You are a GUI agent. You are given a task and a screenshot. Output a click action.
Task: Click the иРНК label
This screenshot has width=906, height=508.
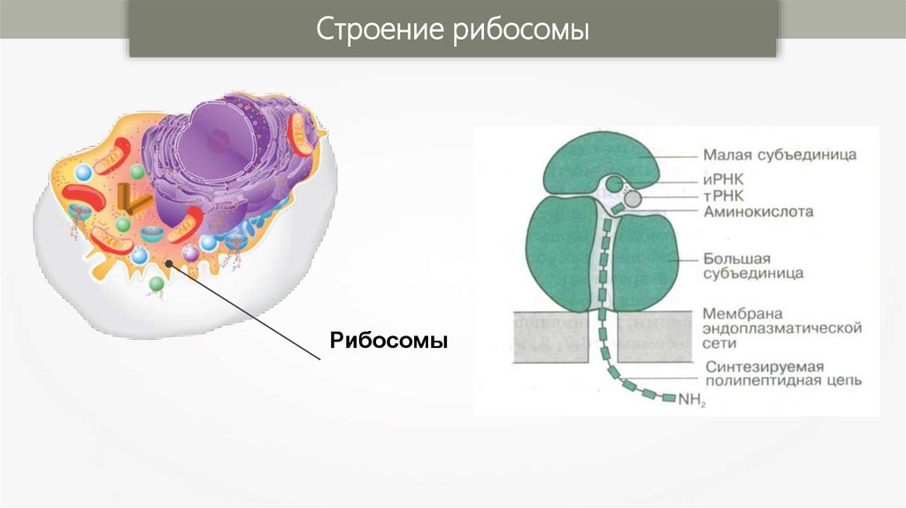tap(725, 179)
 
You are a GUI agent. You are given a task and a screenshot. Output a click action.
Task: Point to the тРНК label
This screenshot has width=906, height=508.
tap(725, 196)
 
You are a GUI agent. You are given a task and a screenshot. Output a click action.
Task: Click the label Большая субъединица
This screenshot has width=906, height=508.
tap(752, 266)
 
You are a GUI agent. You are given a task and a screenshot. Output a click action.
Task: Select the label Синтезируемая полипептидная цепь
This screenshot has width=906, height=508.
tap(778, 374)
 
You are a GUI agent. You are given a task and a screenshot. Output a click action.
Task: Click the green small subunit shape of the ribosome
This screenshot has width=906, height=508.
tap(601, 164)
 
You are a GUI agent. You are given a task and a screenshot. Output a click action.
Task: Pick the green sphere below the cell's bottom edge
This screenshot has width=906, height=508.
tap(156, 283)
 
